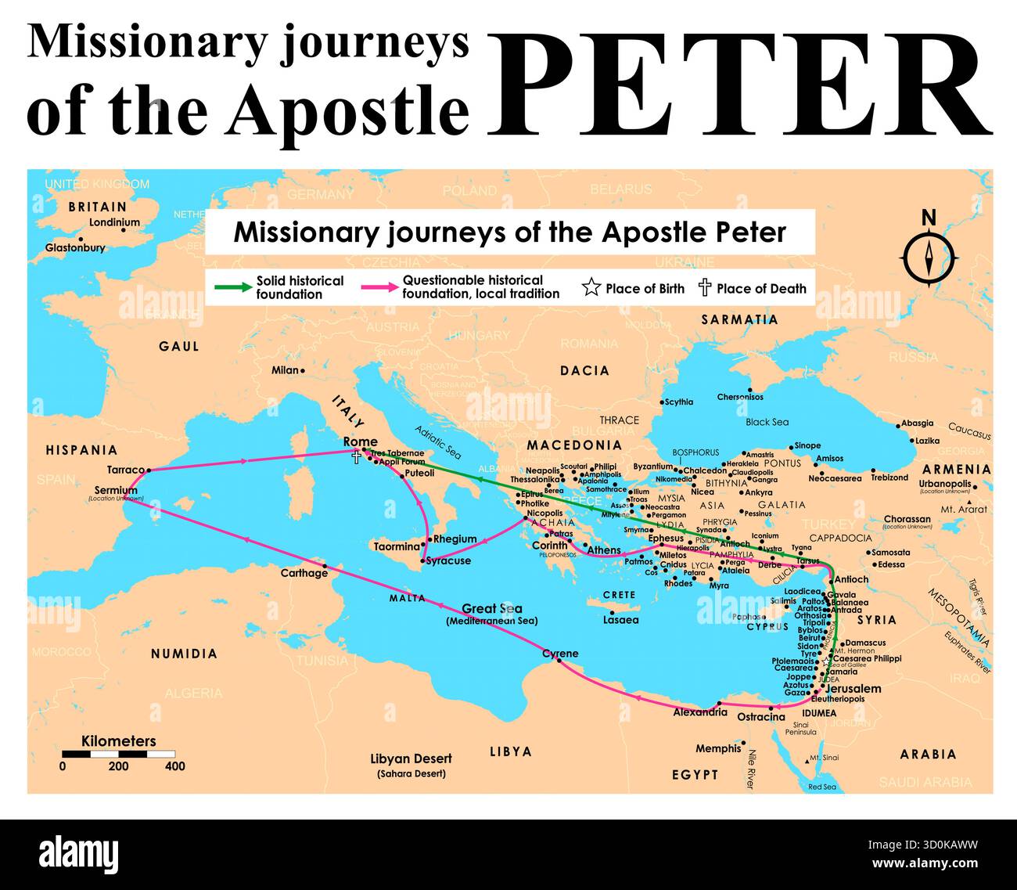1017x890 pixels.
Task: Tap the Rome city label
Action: [x=360, y=442]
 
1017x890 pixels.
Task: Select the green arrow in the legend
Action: [x=232, y=287]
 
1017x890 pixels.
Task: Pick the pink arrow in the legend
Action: [x=379, y=287]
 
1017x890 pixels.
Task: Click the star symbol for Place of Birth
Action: [x=591, y=288]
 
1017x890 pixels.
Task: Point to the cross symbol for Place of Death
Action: [x=704, y=288]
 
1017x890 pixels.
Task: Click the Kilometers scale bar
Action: [x=118, y=754]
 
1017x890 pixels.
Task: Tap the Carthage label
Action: [x=304, y=573]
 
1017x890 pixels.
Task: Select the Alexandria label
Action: [x=700, y=712]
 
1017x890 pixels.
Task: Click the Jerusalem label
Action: [x=853, y=689]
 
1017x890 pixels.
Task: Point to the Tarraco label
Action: [x=125, y=470]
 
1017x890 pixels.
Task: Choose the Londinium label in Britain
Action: [x=114, y=222]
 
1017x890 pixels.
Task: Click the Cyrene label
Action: [x=560, y=654]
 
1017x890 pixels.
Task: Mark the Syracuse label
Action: [x=448, y=560]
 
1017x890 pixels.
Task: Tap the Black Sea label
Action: [x=767, y=422]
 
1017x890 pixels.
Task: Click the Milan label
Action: [x=285, y=370]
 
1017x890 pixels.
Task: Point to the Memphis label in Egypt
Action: [x=717, y=748]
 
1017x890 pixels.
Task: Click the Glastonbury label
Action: [x=75, y=247]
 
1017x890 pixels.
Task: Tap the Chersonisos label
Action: [x=739, y=397]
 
